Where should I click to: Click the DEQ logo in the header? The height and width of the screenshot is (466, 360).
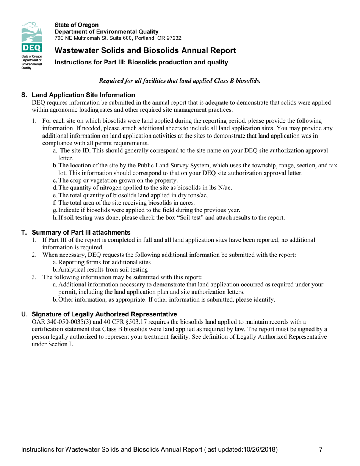tap(33, 46)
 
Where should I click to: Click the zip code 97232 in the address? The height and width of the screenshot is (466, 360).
tap(173, 38)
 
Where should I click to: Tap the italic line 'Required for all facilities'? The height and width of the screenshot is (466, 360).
tap(180, 81)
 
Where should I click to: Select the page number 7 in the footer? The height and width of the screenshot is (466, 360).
tap(321, 450)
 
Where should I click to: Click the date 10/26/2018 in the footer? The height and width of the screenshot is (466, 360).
tap(260, 450)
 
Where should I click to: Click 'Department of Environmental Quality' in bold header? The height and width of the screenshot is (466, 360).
tap(106, 31)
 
